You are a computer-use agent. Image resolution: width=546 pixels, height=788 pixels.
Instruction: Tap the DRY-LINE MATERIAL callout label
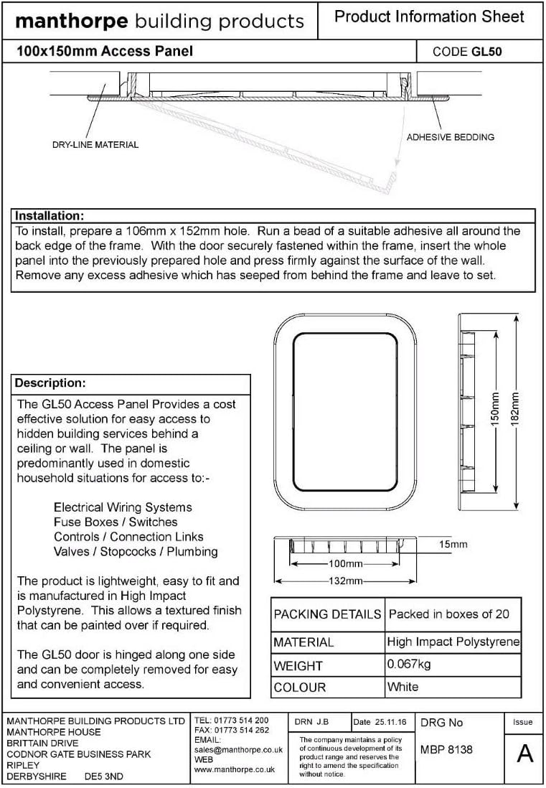pyautogui.click(x=95, y=144)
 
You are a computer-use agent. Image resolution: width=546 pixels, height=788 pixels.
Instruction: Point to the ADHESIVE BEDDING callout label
pyautogui.click(x=450, y=137)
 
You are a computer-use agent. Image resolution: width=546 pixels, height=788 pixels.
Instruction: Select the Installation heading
pyautogui.click(x=50, y=216)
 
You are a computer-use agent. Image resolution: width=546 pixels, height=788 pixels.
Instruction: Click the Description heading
pyautogui.click(x=50, y=383)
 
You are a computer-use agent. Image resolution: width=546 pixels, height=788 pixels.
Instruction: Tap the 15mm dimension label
pyautogui.click(x=453, y=545)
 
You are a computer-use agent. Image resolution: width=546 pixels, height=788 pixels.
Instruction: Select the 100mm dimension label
pyautogui.click(x=345, y=563)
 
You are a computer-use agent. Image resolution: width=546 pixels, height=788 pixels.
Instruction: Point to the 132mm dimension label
pyautogui.click(x=345, y=581)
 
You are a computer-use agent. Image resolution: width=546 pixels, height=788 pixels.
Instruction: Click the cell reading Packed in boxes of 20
pyautogui.click(x=448, y=614)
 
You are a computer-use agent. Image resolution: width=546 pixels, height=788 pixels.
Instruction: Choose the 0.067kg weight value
pyautogui.click(x=409, y=665)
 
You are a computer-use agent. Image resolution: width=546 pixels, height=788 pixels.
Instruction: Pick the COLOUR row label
pyautogui.click(x=300, y=688)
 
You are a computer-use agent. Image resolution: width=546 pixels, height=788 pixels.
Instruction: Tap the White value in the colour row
pyautogui.click(x=403, y=687)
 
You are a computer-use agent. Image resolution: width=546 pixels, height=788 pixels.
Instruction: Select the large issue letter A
pyautogui.click(x=524, y=754)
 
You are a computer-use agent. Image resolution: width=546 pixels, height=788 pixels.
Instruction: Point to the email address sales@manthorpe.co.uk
pyautogui.click(x=234, y=749)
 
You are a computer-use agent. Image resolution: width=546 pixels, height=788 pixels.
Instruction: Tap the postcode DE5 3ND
pyautogui.click(x=104, y=777)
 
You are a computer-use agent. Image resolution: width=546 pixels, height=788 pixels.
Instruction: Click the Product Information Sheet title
pyautogui.click(x=430, y=17)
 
